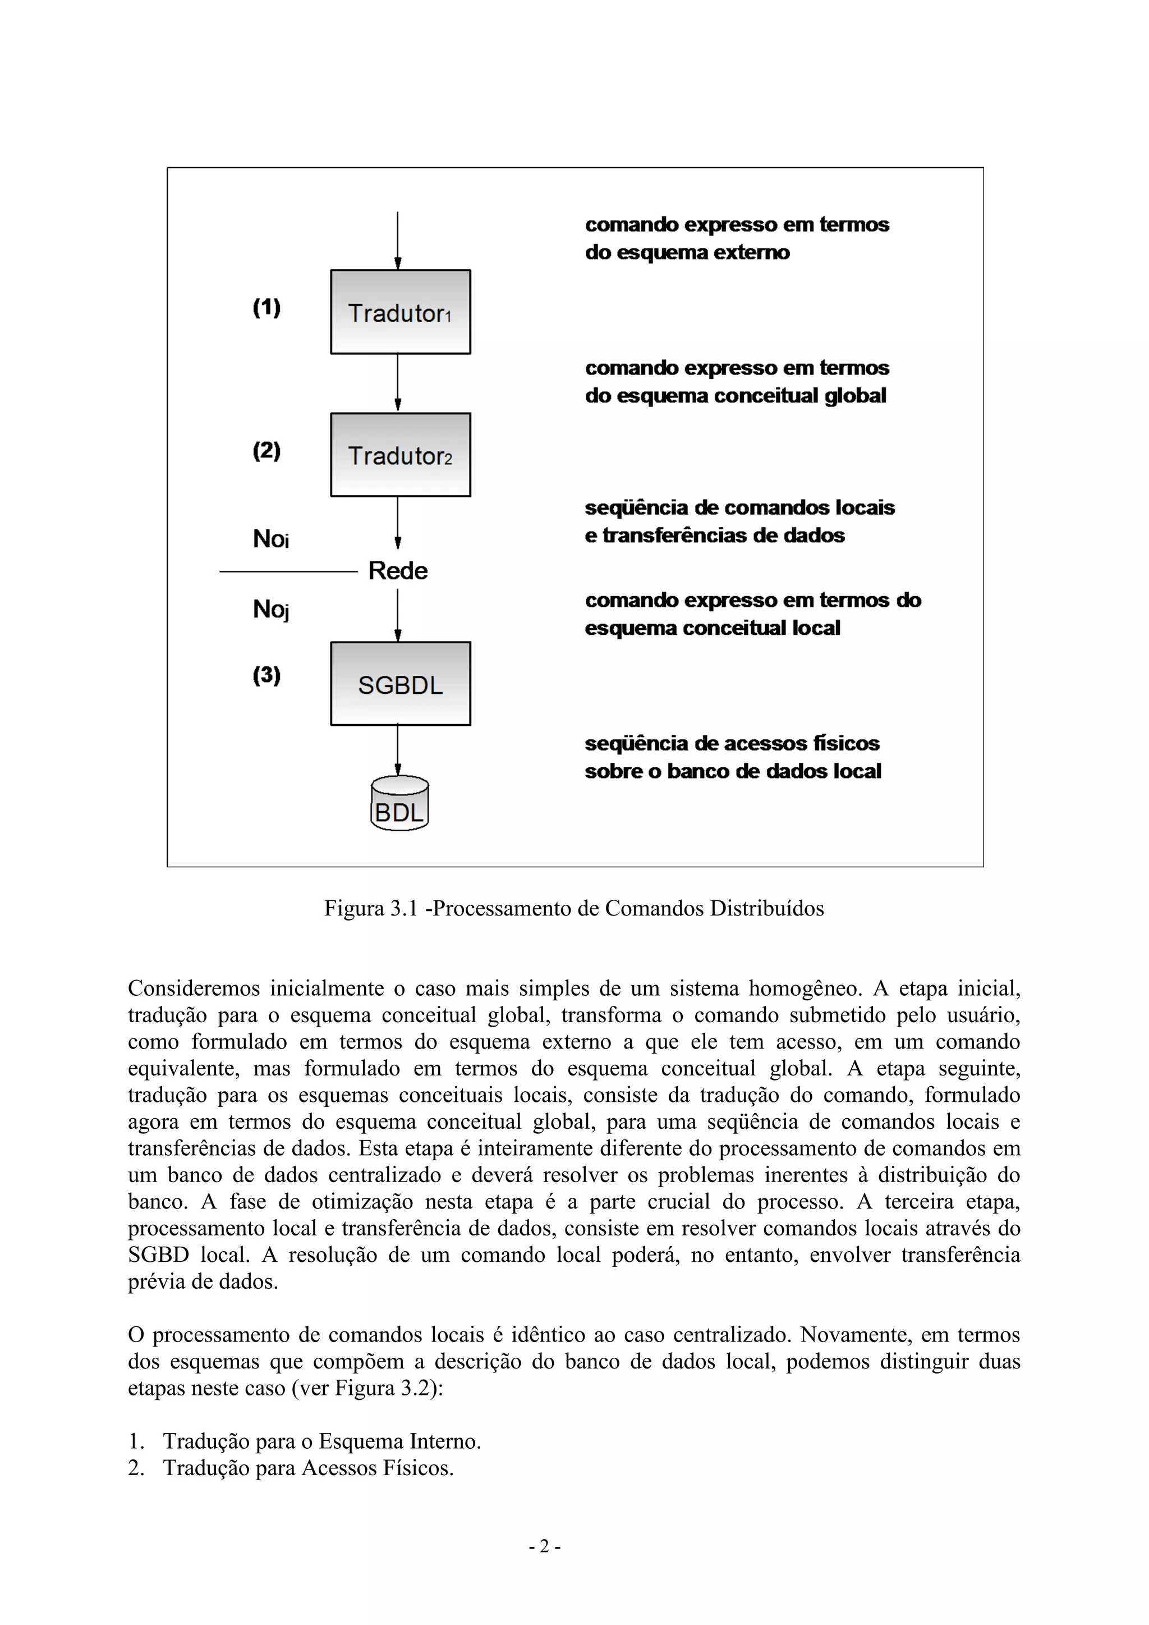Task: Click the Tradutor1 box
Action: [x=401, y=312]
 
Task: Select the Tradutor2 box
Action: [x=401, y=455]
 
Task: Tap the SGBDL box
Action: [x=401, y=684]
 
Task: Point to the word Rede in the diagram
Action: [x=398, y=570]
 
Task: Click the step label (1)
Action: [x=266, y=308]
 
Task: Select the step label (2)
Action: [x=266, y=451]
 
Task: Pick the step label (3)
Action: [x=266, y=675]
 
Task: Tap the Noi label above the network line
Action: [x=271, y=539]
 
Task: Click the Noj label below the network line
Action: [x=271, y=608]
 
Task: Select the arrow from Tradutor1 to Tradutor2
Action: [x=398, y=383]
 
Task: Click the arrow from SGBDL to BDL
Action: [x=398, y=750]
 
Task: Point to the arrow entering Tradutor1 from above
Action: [x=398, y=241]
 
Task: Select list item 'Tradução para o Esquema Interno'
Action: [x=322, y=1441]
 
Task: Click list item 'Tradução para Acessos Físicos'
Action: [x=309, y=1468]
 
